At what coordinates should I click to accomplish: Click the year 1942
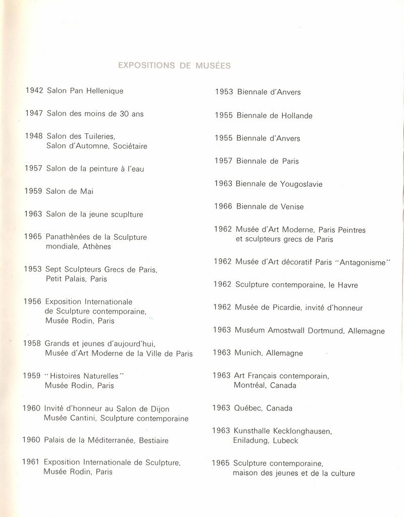tap(34, 91)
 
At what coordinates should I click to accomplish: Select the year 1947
tap(34, 114)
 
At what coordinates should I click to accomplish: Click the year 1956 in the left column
tap(33, 301)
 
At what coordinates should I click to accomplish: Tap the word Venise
tap(292, 206)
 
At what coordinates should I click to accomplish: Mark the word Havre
tap(347, 285)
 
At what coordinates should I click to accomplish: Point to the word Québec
tap(246, 408)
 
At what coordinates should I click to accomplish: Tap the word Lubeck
tap(286, 440)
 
